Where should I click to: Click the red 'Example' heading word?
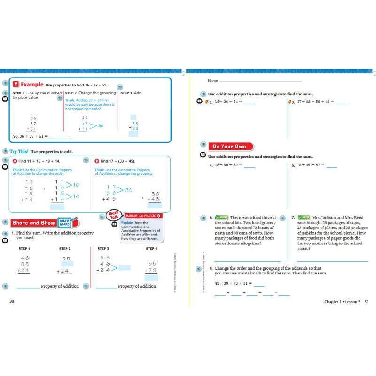[x=32, y=85]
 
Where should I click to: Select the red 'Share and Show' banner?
[x=33, y=223]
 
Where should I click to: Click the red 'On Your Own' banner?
[x=230, y=146]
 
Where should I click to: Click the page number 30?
[x=12, y=301]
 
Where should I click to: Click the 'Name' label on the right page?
[x=213, y=81]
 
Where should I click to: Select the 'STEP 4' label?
[x=151, y=248]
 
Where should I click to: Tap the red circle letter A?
[x=15, y=161]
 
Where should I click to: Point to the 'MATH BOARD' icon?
[x=63, y=223]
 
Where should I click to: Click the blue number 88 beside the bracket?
[x=101, y=126]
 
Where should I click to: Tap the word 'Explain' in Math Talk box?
[x=127, y=222]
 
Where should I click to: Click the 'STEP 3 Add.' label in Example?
[x=131, y=93]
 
